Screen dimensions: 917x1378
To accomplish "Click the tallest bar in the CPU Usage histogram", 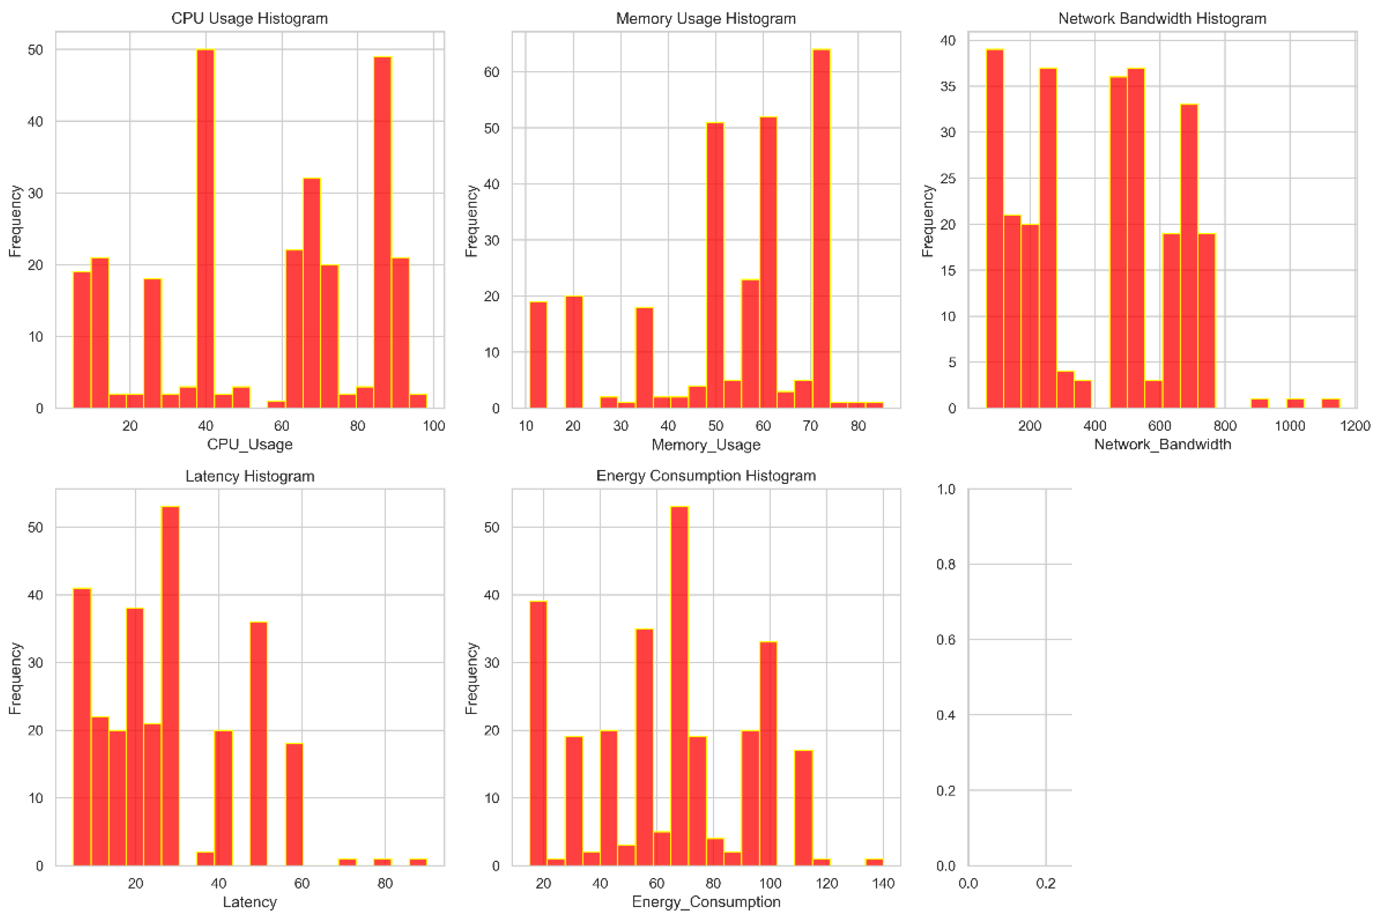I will pyautogui.click(x=205, y=228).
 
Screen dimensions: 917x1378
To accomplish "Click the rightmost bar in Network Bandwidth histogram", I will pyautogui.click(x=1330, y=403).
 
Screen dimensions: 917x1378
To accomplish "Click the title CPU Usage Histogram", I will pyautogui.click(x=249, y=19).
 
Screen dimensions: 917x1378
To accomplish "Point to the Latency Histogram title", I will pyautogui.click(x=250, y=476).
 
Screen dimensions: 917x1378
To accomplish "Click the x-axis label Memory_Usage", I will pyautogui.click(x=706, y=445).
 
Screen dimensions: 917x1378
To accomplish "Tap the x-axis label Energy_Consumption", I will pyautogui.click(x=706, y=902).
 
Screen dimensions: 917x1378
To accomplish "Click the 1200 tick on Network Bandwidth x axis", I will pyautogui.click(x=1355, y=426).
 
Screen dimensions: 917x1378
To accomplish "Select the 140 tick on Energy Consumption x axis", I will pyautogui.click(x=883, y=883).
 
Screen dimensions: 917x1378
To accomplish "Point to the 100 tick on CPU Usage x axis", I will pyautogui.click(x=434, y=426).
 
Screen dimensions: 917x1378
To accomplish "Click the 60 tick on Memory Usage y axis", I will pyautogui.click(x=492, y=72).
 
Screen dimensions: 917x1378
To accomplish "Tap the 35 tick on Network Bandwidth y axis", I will pyautogui.click(x=948, y=86).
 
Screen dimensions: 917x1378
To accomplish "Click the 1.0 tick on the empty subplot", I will pyautogui.click(x=945, y=489).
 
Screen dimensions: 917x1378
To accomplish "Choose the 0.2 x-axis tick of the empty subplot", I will pyautogui.click(x=1045, y=883).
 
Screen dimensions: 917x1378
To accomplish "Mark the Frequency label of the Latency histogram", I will pyautogui.click(x=15, y=678).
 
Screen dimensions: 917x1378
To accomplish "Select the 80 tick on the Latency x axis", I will pyautogui.click(x=385, y=883).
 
